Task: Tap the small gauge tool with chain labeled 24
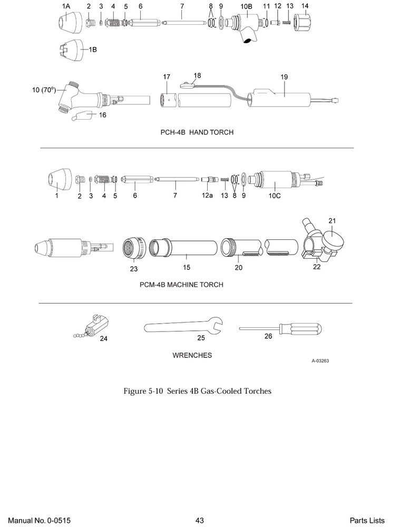coord(95,328)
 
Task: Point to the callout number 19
coord(284,77)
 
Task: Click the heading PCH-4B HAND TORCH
coord(197,133)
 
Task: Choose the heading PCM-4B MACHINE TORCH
coord(181,285)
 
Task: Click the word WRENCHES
coord(192,355)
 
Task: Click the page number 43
coord(199,520)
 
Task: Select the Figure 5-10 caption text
coord(197,391)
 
